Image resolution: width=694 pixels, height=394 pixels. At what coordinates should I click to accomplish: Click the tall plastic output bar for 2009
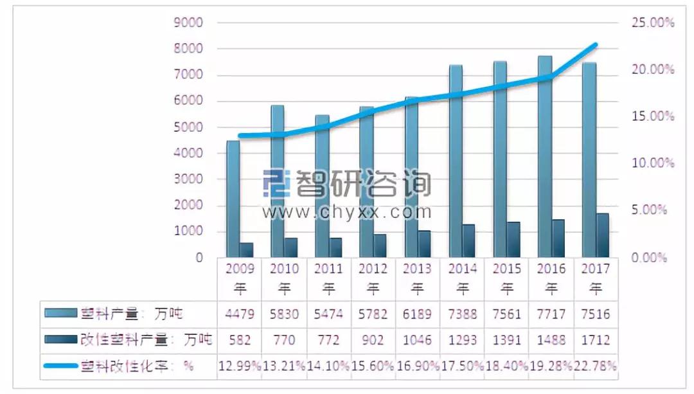[x=233, y=199]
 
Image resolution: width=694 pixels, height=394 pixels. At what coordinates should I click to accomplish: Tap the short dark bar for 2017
[x=602, y=235]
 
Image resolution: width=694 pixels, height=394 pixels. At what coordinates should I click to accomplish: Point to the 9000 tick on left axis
[x=189, y=23]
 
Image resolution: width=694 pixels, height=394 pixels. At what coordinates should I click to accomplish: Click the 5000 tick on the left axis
[x=189, y=127]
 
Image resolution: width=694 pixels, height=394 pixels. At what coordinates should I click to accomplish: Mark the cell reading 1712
[x=596, y=340]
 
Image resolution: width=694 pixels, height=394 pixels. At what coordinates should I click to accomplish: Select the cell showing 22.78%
[x=596, y=366]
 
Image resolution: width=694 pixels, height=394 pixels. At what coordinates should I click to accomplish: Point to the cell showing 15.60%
[x=373, y=366]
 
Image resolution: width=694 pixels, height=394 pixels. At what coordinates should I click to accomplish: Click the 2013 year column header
[x=418, y=278]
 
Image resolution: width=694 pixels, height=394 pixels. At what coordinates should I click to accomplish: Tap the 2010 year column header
[x=284, y=278]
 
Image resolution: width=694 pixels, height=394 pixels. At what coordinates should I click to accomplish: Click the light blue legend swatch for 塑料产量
[x=60, y=314]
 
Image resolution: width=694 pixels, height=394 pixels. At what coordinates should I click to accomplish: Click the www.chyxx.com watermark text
[x=346, y=212]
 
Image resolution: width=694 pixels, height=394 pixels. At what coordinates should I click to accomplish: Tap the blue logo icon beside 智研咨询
[x=276, y=183]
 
